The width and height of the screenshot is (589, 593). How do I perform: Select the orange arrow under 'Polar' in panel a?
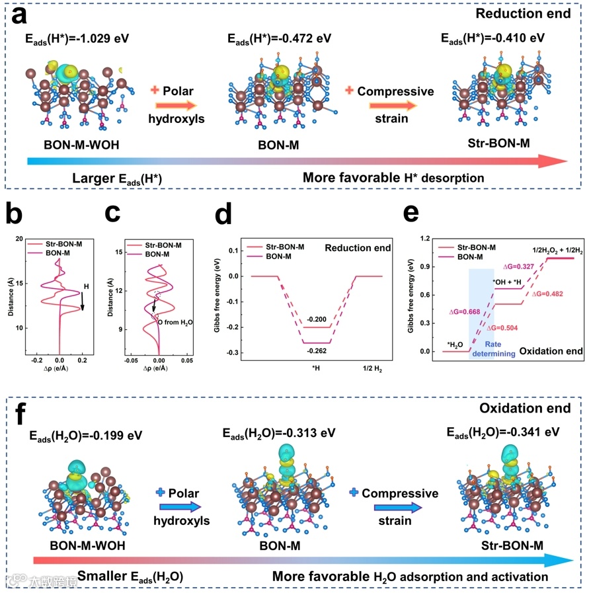[177, 104]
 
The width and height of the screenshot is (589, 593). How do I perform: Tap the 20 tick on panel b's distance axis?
[19, 239]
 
